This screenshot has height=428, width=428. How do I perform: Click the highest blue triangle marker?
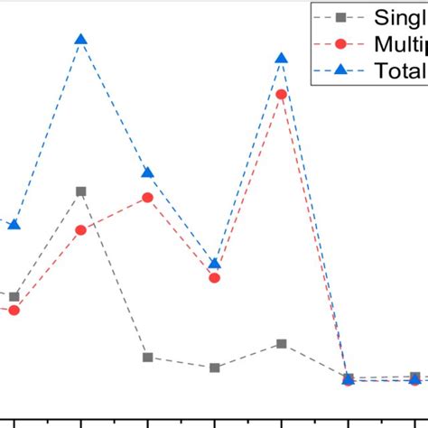(x=81, y=39)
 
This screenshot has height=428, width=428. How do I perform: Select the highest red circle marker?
(x=282, y=94)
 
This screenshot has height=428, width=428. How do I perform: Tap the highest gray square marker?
(x=81, y=191)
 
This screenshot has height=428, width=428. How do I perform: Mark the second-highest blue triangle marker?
(x=282, y=58)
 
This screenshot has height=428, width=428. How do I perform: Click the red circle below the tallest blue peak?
(x=81, y=230)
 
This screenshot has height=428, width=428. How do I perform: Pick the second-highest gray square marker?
(x=14, y=296)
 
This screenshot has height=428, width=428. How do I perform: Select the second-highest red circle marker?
(x=148, y=197)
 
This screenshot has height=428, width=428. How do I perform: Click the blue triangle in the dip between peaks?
(x=215, y=263)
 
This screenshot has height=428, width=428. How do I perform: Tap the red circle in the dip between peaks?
(x=215, y=278)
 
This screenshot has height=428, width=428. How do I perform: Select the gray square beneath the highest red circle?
(x=282, y=344)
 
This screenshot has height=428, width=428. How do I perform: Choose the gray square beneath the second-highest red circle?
(x=148, y=357)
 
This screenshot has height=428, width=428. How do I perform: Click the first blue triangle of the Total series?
(x=14, y=224)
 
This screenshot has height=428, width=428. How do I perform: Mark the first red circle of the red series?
(x=14, y=311)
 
